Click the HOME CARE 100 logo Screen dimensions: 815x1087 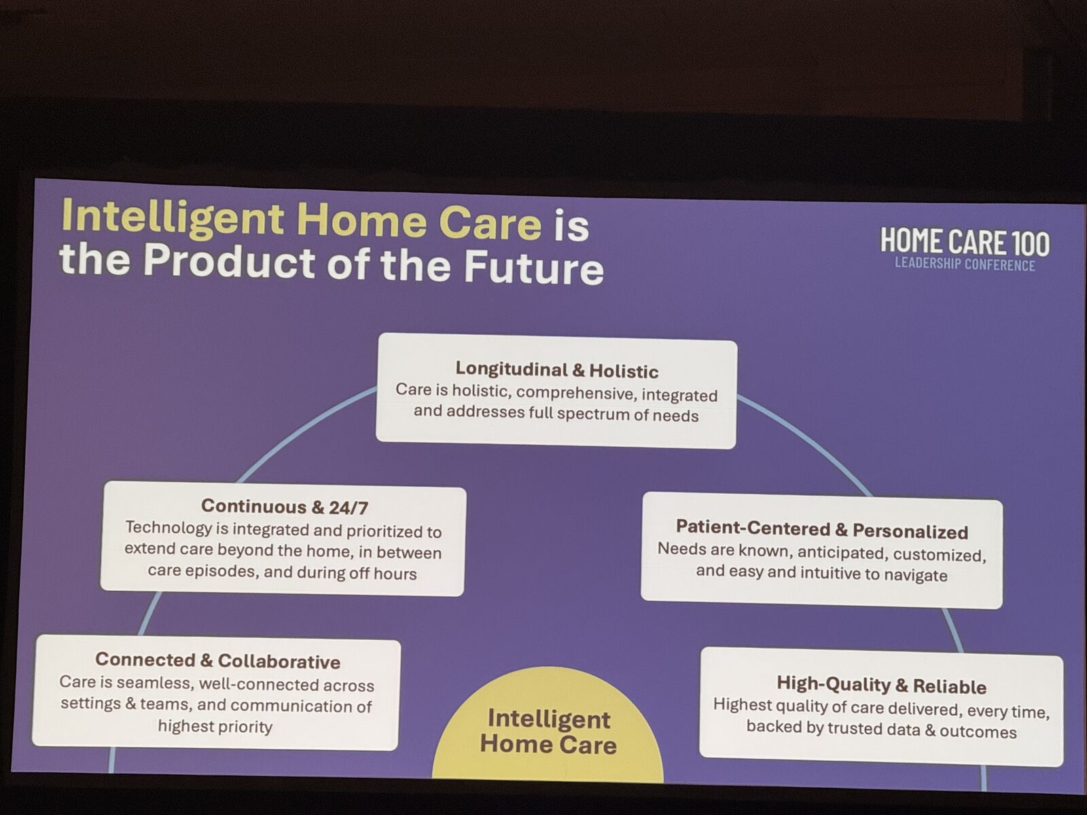tap(965, 242)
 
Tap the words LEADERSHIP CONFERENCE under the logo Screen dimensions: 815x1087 tap(965, 264)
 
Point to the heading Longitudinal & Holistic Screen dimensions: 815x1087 tap(556, 370)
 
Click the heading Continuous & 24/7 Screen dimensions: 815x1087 tap(284, 507)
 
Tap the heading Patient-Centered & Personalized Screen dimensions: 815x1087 tap(821, 530)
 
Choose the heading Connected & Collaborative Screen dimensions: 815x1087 tap(217, 661)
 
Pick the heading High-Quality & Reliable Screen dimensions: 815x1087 tap(881, 685)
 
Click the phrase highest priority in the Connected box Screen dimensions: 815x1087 tap(215, 727)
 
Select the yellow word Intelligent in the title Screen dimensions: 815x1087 tap(173, 219)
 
